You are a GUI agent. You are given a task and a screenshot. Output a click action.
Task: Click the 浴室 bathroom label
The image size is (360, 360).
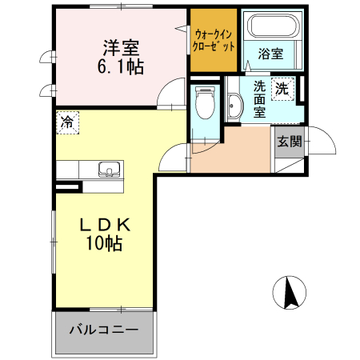pyautogui.click(x=270, y=54)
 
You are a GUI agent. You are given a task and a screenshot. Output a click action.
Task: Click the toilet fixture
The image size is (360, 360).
pyautogui.click(x=205, y=102)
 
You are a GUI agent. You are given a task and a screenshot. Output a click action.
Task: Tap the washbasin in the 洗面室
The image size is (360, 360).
pyautogui.click(x=234, y=106)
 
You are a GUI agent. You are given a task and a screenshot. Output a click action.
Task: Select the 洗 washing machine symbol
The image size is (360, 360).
pyautogui.click(x=282, y=88)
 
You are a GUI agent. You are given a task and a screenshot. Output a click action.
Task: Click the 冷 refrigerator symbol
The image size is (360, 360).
pyautogui.click(x=68, y=122)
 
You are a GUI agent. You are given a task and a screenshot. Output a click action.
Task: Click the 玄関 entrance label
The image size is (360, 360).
pyautogui.click(x=289, y=142)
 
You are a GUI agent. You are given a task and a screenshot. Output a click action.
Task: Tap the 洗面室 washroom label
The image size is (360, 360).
pyautogui.click(x=260, y=99)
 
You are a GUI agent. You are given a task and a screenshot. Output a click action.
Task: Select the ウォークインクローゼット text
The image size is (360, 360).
pyautogui.click(x=214, y=40)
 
